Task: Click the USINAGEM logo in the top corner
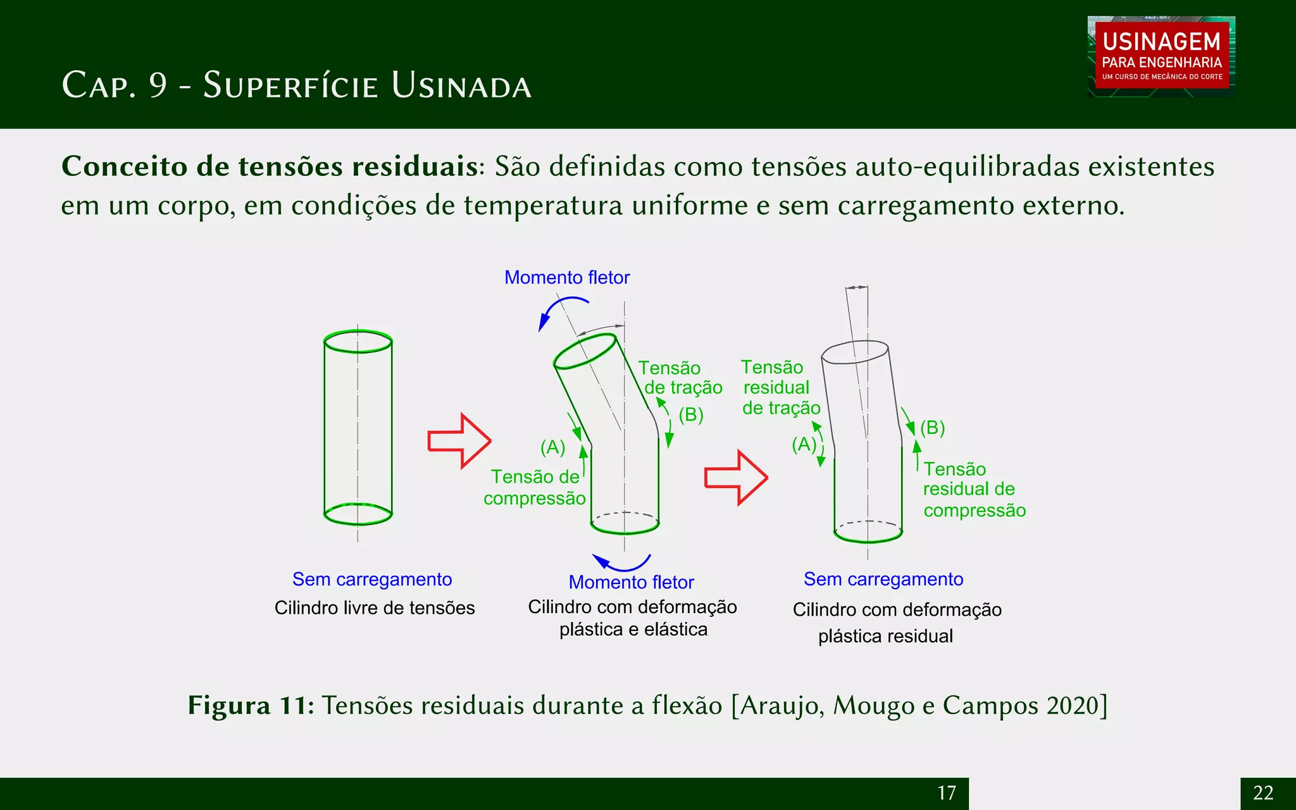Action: tap(1161, 56)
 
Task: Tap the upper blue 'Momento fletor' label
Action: tap(566, 278)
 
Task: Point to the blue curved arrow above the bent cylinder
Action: tap(559, 310)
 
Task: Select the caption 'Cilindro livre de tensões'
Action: tap(375, 608)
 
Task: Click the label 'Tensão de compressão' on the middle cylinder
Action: tap(535, 487)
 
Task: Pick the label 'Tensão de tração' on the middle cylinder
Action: tap(680, 378)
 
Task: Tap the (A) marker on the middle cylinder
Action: tap(552, 447)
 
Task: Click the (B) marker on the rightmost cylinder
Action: tap(932, 428)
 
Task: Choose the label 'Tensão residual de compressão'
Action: tap(973, 490)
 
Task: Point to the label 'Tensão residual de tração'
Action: tap(780, 387)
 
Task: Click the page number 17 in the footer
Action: tap(946, 793)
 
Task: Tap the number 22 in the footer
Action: tap(1262, 793)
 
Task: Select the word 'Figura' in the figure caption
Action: tap(228, 706)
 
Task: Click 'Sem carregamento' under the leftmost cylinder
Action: tap(372, 580)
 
